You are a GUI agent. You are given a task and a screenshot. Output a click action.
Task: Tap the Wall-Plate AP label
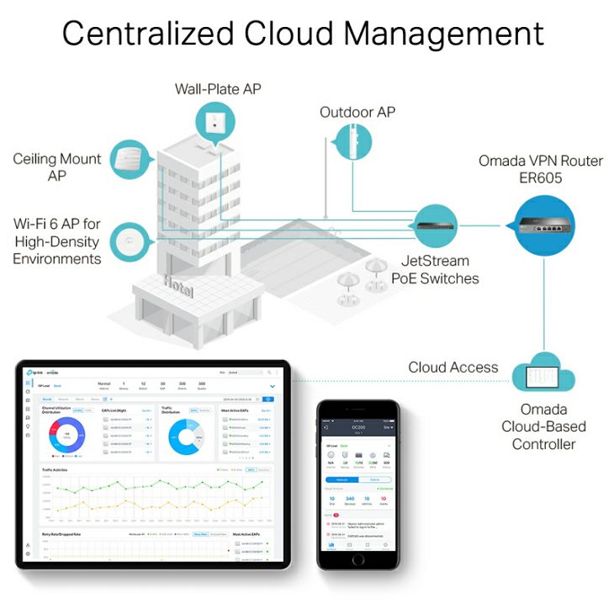coord(218,88)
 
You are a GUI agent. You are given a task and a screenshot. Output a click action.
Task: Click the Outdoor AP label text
coord(357,112)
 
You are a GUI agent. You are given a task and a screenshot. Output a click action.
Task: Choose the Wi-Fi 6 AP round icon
coord(134,241)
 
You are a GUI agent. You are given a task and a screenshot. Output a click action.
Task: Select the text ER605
coord(541,177)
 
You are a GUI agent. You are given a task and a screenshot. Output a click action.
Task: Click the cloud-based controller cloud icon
coord(543,378)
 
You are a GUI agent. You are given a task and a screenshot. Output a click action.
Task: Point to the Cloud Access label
coord(453,368)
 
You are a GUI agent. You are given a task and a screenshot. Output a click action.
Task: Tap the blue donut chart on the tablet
coord(66,437)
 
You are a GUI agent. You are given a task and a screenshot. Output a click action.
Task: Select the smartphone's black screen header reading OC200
coord(358,428)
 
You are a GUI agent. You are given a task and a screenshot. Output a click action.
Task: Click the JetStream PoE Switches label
coord(435,270)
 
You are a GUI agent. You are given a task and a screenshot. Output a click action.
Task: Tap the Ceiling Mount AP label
coord(57,167)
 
